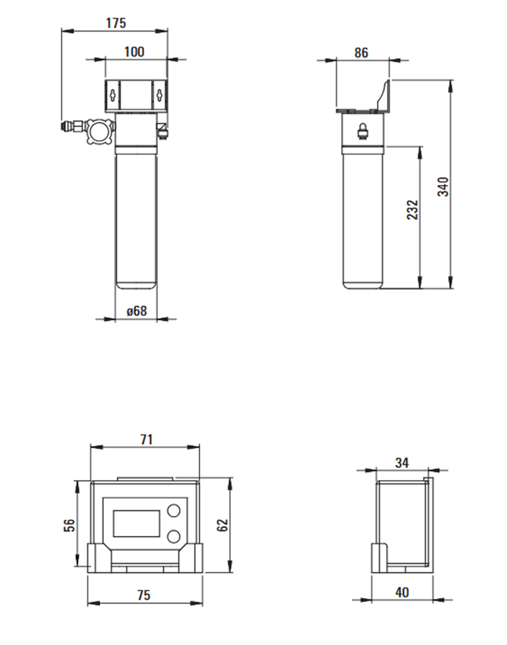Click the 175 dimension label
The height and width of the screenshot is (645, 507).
tap(116, 23)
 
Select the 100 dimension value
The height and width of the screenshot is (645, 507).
tap(134, 52)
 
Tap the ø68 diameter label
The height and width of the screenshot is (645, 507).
tap(137, 311)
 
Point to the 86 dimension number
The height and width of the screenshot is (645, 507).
tap(361, 52)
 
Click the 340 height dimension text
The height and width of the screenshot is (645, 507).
tap(443, 187)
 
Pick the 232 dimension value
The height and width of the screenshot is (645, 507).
tap(412, 209)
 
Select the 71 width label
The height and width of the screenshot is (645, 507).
tap(147, 440)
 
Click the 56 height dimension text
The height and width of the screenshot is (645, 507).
tap(70, 525)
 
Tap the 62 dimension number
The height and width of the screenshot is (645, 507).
tap(222, 525)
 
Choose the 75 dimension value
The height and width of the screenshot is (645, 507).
tap(144, 596)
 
